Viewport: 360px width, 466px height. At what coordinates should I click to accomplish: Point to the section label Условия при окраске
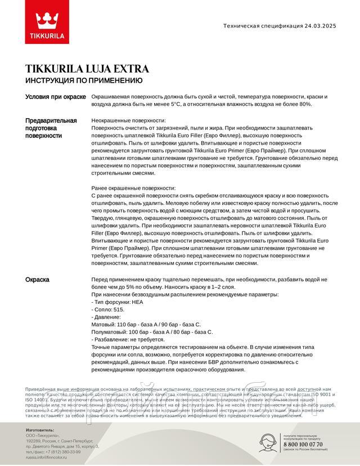point(56,97)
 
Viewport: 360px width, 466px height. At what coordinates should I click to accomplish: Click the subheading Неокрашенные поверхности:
point(128,121)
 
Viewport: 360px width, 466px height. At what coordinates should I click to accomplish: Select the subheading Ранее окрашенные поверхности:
point(133,188)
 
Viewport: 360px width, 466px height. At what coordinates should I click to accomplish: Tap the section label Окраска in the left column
point(38,280)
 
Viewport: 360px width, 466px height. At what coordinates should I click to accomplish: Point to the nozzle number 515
point(118,310)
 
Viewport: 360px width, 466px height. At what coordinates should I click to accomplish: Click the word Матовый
point(103,325)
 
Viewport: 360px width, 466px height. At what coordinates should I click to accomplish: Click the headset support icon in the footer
point(269,442)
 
